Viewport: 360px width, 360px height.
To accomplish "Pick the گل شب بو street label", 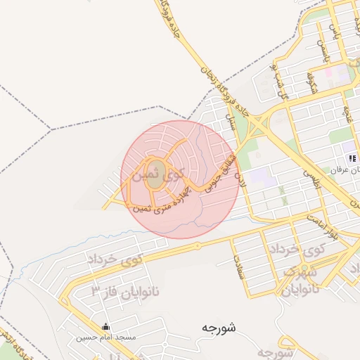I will (279, 83).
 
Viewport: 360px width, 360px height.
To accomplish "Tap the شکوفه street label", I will (310, 82).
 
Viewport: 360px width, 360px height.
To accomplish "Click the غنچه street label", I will (347, 112).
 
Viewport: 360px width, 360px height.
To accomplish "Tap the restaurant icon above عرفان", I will (352, 158).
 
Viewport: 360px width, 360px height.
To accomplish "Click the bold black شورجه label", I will (219, 327).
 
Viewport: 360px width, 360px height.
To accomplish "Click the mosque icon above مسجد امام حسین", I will (105, 326).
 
